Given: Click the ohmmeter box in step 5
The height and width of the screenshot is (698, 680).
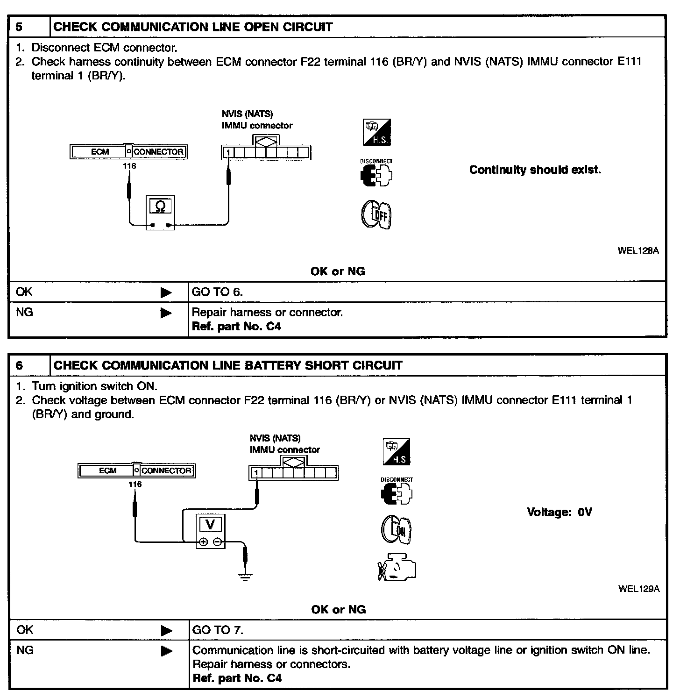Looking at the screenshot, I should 160,213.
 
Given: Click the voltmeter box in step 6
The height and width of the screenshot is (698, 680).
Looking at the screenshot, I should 210,532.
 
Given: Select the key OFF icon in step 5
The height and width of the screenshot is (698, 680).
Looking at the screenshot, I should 376,215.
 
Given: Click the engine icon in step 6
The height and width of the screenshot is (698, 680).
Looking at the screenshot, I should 397,568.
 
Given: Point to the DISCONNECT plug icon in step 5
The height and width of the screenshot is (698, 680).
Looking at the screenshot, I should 376,175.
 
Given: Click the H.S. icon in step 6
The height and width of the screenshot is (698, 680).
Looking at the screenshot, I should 397,452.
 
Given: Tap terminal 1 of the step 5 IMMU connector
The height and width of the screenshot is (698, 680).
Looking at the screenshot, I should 228,153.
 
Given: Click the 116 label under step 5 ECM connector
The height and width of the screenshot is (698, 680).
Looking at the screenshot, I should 129,166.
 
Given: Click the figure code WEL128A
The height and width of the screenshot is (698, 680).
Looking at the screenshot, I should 638,250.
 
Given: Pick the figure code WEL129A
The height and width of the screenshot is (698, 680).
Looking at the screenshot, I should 639,589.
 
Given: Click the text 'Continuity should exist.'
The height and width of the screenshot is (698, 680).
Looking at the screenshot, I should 535,170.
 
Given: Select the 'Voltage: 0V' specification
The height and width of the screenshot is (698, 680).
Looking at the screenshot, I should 559,512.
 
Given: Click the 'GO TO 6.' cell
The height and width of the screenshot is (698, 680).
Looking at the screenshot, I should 217,292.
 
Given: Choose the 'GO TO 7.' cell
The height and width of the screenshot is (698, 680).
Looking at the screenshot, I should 218,630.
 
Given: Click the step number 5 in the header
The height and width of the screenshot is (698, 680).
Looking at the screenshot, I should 19,27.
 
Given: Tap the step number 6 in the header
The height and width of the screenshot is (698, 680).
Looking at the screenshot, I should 19,365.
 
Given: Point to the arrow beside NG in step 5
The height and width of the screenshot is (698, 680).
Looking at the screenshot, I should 166,313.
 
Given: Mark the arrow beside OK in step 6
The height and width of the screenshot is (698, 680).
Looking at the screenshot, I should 166,631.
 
